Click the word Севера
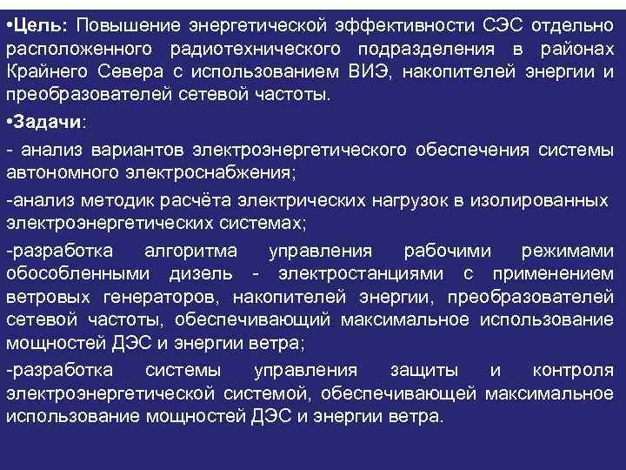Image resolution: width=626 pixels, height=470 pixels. pyautogui.click(x=138, y=70)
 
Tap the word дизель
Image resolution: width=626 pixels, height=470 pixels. pyautogui.click(x=203, y=275)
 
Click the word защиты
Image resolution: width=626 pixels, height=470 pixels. pyautogui.click(x=409, y=371)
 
